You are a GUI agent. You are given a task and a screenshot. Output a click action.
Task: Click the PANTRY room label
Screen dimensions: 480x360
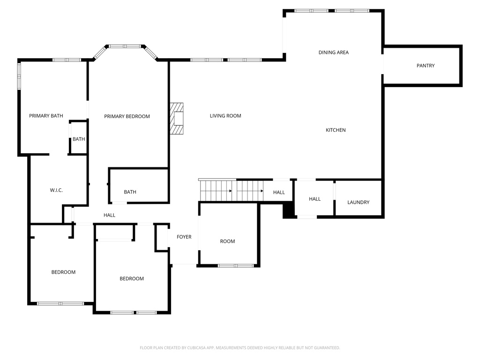(x=426, y=66)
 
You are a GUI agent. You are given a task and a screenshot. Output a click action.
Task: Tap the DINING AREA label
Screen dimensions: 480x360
(x=333, y=52)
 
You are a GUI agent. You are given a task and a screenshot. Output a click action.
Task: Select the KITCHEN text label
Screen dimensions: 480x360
(x=336, y=130)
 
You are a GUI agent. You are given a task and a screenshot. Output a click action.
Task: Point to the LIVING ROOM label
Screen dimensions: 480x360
(x=225, y=116)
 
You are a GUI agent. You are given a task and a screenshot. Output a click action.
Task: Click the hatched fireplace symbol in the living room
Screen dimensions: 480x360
(x=177, y=119)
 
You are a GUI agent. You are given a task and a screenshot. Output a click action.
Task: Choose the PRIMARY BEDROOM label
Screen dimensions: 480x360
(x=127, y=116)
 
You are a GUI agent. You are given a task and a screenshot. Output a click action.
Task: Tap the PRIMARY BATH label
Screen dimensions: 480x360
(x=46, y=116)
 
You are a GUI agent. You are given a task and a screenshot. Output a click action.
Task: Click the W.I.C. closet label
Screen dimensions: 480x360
(x=56, y=190)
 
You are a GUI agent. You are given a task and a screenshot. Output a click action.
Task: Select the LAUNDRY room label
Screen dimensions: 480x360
(x=358, y=202)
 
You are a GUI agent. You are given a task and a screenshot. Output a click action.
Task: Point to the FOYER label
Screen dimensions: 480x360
(x=184, y=237)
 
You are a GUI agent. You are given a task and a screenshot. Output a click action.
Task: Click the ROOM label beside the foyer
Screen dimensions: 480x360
(x=227, y=241)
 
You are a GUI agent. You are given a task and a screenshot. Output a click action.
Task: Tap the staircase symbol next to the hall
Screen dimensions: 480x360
(x=231, y=190)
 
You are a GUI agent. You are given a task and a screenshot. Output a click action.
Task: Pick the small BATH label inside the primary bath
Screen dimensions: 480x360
(x=79, y=139)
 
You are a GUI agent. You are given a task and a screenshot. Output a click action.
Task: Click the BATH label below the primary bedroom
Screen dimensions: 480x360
(x=130, y=192)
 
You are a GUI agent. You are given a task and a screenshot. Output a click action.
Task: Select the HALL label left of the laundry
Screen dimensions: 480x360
(x=315, y=199)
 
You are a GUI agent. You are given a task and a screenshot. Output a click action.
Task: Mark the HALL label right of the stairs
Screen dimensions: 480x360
(x=279, y=192)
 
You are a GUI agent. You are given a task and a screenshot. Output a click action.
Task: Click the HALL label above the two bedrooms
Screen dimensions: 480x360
(x=109, y=215)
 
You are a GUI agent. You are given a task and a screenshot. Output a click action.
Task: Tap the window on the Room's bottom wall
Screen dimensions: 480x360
(x=236, y=265)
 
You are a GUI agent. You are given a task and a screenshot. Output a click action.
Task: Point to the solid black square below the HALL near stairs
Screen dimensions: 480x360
(x=288, y=210)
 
